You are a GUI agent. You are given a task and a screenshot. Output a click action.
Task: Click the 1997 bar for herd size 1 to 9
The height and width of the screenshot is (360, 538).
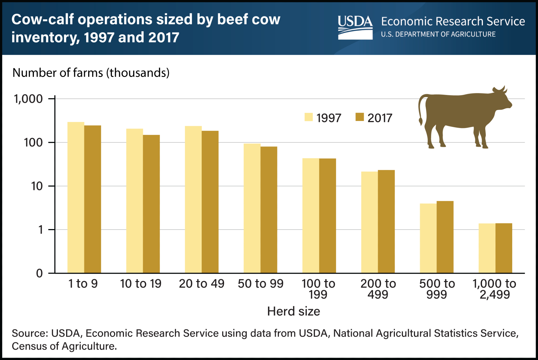pos(76,198)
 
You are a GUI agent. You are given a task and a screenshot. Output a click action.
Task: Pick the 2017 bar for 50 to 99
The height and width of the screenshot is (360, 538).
pos(269,210)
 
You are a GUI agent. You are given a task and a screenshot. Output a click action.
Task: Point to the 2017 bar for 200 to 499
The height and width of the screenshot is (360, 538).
pos(386,222)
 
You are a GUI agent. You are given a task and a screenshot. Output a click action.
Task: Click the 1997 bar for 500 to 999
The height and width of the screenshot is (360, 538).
pos(428,238)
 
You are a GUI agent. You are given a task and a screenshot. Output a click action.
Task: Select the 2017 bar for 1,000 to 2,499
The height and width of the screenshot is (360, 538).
pos(504,248)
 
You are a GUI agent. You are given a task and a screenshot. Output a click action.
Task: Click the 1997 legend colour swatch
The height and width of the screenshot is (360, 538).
pos(309,117)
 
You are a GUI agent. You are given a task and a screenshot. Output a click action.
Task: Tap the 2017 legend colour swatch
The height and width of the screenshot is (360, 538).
pos(360,117)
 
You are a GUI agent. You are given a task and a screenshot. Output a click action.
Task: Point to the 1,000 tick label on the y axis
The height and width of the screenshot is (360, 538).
pos(28,99)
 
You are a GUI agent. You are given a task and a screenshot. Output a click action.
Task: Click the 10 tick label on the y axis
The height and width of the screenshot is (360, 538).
pos(37,186)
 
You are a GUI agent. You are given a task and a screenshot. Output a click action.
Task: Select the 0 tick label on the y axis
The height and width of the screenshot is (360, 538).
pos(40,273)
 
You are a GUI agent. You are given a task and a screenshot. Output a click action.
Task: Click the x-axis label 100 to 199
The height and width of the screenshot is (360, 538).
pos(318,289)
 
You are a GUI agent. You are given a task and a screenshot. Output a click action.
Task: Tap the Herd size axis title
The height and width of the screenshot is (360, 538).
pos(293,311)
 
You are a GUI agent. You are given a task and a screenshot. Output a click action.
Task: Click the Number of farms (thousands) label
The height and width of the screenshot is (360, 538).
pos(91,73)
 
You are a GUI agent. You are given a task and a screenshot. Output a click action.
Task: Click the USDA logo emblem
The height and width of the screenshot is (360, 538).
pos(355,27)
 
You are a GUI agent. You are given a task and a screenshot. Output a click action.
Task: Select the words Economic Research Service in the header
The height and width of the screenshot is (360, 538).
pos(453,21)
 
